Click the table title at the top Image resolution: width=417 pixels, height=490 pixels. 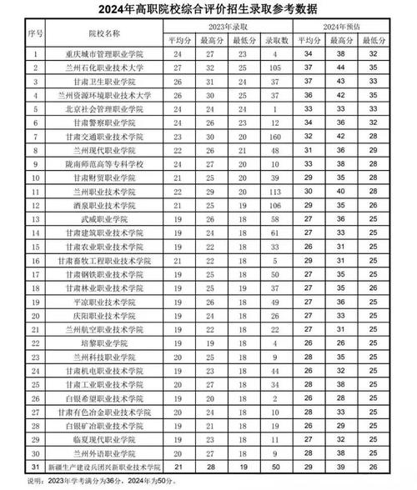[x=208, y=9]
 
